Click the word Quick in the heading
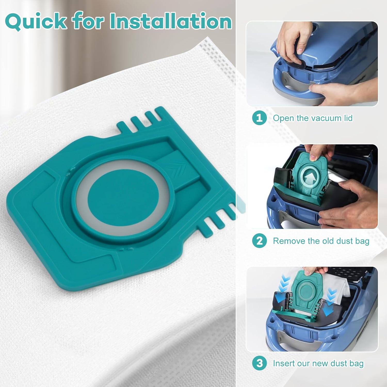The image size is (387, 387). click(x=36, y=21)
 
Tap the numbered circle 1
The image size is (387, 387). click(x=259, y=118)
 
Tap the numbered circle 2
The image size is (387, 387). click(x=259, y=241)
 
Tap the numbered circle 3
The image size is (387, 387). click(x=259, y=363)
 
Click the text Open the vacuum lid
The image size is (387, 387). click(x=313, y=118)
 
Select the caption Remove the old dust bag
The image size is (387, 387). click(x=321, y=241)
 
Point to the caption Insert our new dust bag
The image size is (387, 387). click(x=318, y=364)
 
